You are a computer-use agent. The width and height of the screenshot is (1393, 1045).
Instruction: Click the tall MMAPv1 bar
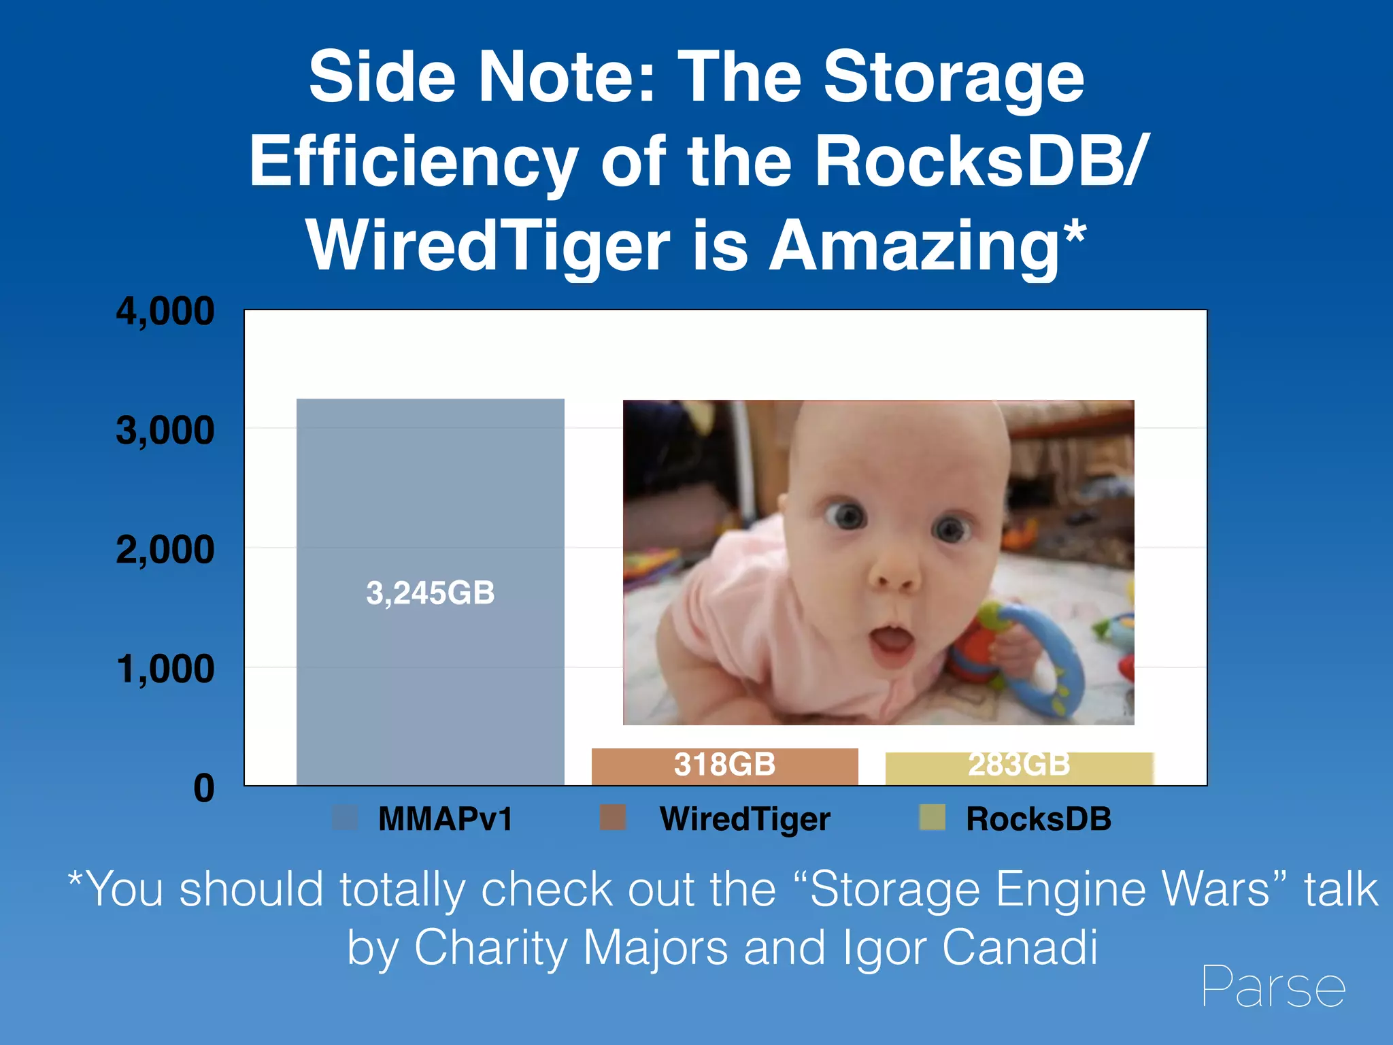click(x=430, y=490)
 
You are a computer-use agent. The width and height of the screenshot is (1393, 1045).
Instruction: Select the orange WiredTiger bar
click(x=724, y=766)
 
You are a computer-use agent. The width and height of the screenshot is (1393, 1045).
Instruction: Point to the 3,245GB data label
click(x=430, y=593)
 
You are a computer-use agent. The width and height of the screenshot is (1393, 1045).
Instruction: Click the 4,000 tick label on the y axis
click(x=165, y=312)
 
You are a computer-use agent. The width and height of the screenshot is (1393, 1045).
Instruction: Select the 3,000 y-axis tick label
click(x=165, y=431)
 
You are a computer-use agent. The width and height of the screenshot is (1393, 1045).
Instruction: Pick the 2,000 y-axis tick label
click(x=165, y=550)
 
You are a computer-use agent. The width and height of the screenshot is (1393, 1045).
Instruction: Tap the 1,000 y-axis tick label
click(x=165, y=669)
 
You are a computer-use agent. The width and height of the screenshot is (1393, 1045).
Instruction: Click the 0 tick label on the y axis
click(x=203, y=789)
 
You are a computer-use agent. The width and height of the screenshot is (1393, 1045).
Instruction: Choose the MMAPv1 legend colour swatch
click(x=345, y=818)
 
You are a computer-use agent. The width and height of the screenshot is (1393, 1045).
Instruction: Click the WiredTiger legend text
click(x=745, y=819)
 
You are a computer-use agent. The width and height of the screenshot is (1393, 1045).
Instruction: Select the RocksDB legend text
click(x=1038, y=819)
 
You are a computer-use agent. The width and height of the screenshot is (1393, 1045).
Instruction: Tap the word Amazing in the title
click(x=914, y=246)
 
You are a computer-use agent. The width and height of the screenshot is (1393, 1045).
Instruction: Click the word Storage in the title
click(x=954, y=78)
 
